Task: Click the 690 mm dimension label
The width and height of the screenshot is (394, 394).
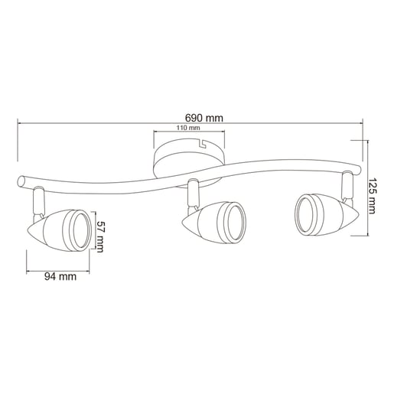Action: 204,119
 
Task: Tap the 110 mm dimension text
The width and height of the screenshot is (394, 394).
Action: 188,128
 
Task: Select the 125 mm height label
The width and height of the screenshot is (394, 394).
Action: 371,196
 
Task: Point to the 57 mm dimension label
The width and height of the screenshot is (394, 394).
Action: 99,236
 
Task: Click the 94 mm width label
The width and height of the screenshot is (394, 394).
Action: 60,276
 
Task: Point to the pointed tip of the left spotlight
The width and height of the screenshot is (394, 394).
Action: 28,231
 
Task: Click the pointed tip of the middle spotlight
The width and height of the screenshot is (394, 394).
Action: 183,223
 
